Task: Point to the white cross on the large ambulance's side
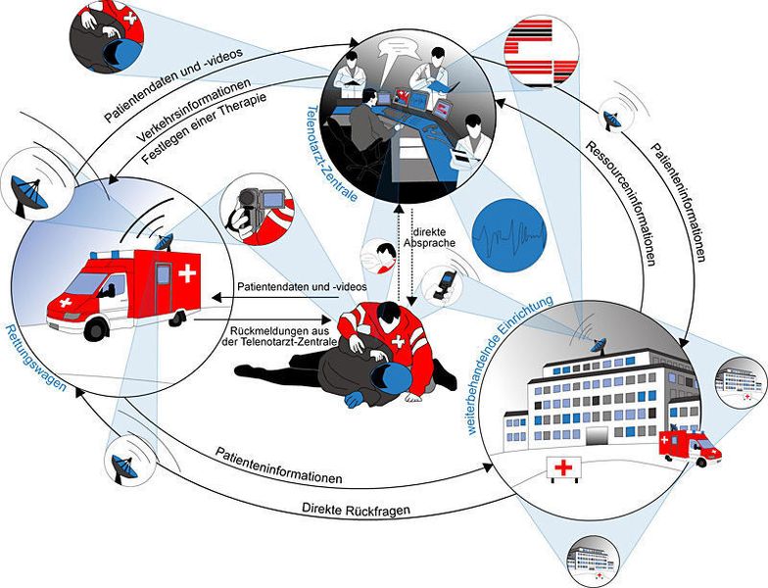[186, 273]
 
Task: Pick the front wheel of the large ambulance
[95, 329]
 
